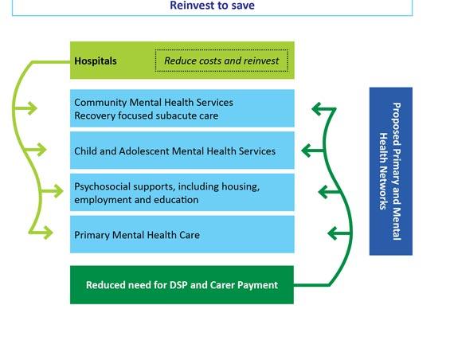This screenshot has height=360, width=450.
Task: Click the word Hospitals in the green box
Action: point(96,61)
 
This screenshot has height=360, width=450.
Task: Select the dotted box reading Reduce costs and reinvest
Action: point(221,61)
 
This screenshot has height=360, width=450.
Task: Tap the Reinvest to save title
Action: point(212,6)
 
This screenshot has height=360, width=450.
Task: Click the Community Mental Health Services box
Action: point(182,108)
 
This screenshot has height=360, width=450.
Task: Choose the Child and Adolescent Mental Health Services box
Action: point(182,151)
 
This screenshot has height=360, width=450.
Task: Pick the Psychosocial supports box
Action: point(182,192)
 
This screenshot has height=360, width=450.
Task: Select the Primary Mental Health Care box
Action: point(182,234)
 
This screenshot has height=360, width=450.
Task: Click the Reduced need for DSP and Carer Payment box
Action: point(182,285)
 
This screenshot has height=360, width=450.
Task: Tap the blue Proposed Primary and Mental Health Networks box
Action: point(391,171)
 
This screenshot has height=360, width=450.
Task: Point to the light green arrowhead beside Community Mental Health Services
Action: point(33,108)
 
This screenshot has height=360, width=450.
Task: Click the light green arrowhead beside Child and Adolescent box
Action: point(42,150)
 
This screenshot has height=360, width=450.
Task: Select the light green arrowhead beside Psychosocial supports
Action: point(59,191)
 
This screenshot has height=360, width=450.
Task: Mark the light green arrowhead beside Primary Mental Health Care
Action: point(49,233)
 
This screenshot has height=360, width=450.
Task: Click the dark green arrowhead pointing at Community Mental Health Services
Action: point(316,109)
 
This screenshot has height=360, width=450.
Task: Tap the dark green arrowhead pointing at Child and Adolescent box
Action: point(307,151)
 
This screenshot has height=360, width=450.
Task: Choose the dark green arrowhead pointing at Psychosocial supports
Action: point(323,192)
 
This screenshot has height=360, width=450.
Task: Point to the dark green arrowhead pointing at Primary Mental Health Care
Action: point(332,233)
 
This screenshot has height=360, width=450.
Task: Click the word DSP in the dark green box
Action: point(178,285)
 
